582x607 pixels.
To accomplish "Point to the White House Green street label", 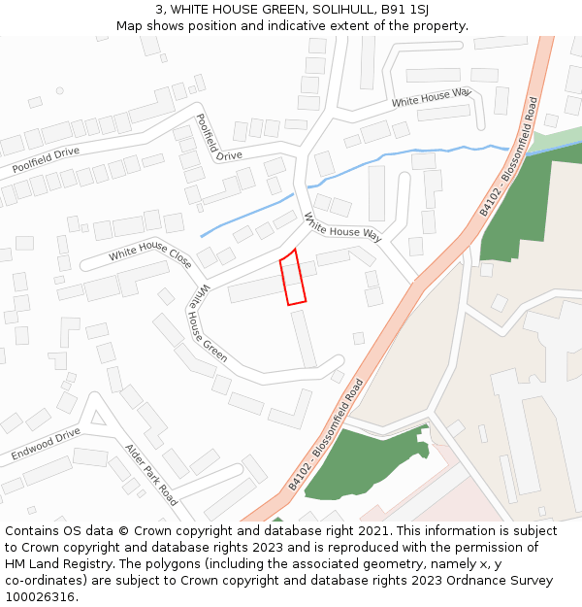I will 208,323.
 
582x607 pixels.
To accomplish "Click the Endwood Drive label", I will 46,445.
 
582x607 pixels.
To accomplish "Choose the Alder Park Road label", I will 151,475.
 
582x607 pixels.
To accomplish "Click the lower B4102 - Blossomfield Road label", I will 327,433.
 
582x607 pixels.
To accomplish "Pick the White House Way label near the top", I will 431,98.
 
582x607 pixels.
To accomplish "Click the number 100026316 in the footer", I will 38,596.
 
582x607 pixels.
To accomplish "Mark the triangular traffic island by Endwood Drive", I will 96,418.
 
